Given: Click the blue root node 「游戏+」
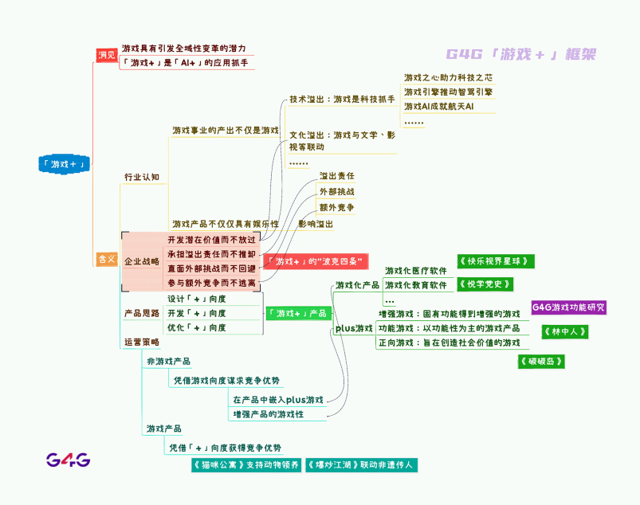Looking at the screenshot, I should pos(65,164).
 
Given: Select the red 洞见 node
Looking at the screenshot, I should pos(106,55).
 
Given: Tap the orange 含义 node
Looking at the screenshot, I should pos(106,259).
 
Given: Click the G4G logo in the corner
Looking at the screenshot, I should pos(68,460).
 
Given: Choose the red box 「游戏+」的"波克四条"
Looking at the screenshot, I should pos(316,261).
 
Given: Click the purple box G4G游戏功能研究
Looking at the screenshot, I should pos(568,307).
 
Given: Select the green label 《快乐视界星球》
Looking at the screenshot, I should pos(495,261).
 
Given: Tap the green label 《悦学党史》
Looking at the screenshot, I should pos(484,284).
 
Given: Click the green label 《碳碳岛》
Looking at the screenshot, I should pos(542,362).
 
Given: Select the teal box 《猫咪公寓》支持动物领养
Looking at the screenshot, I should pos(245,465).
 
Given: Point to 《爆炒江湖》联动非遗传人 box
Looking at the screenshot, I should pos(360,465).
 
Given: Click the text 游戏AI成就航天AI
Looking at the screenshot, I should pos(438,106).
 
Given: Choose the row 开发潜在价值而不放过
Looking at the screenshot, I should pos(211,239).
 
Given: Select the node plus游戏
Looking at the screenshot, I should pos(354,328).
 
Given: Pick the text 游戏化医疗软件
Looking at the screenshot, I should pos(415,271).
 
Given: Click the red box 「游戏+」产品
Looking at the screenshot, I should pos(296,313).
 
